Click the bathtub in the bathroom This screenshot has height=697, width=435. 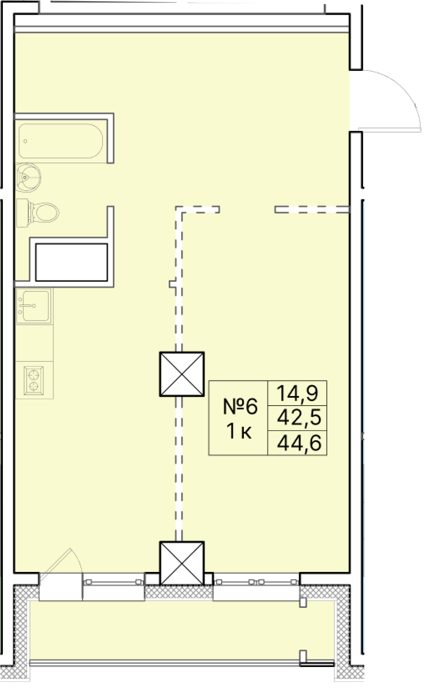click(x=60, y=141)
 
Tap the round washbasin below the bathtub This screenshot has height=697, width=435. click(x=28, y=178)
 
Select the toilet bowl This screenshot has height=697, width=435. click(x=45, y=213)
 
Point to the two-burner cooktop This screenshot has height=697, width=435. click(x=34, y=380)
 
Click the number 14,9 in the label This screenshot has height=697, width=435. click(x=297, y=393)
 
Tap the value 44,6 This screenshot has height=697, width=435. click(x=299, y=443)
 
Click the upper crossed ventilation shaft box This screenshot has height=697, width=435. click(x=182, y=374)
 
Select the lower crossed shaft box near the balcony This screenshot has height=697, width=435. click(x=182, y=563)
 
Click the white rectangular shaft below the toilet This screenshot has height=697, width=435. click(x=71, y=262)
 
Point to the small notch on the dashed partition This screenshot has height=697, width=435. click(x=172, y=284)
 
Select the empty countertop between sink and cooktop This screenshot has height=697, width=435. click(x=34, y=343)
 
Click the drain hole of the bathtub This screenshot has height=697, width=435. click(x=25, y=141)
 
